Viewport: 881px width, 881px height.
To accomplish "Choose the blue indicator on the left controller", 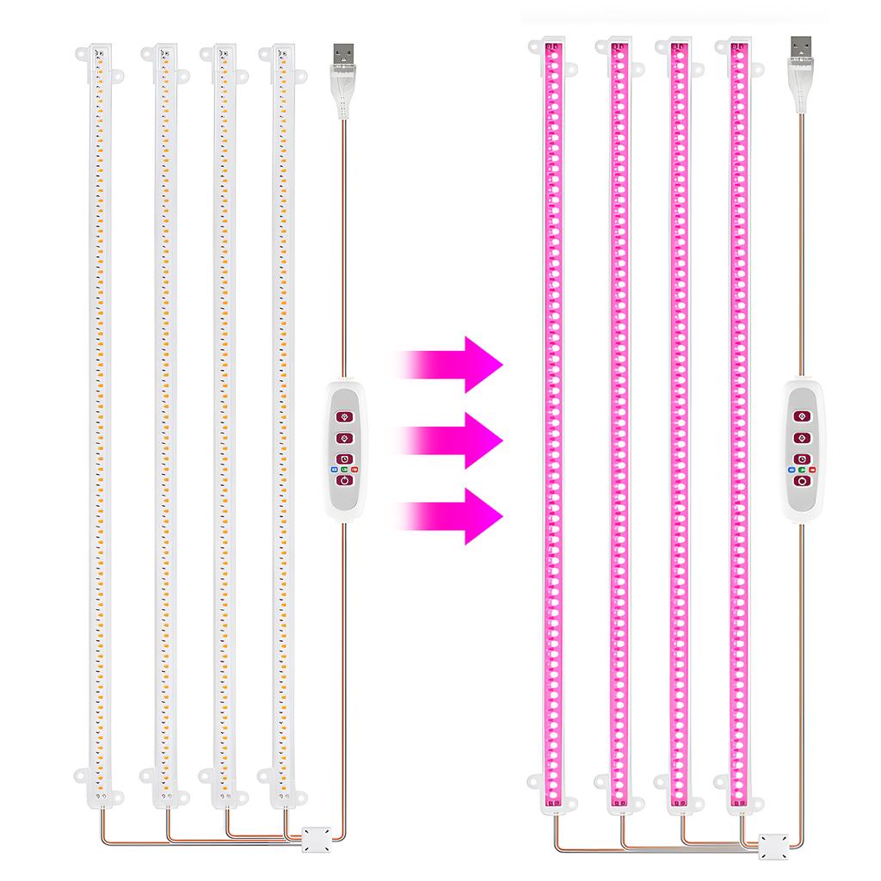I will (x=332, y=470).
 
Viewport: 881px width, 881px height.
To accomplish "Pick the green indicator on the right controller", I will (x=801, y=470).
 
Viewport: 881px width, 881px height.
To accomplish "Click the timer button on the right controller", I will (x=801, y=459).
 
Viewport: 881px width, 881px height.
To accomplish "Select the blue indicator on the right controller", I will (x=791, y=470).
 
